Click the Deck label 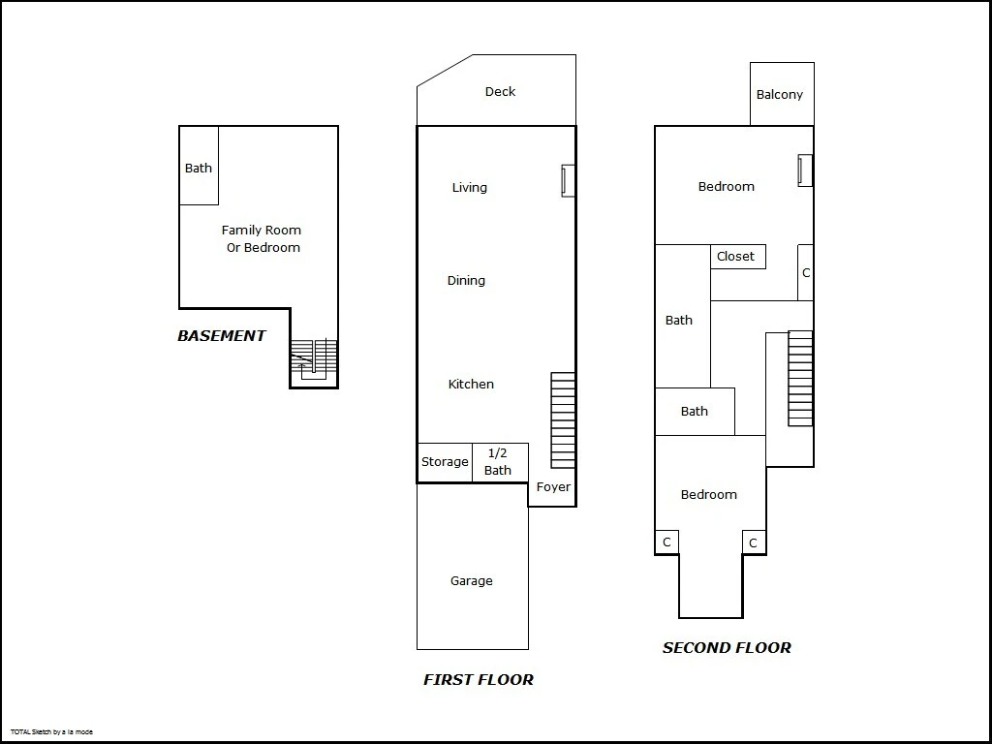(500, 92)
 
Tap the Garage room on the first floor (473, 566)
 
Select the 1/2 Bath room (501, 462)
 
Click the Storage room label (445, 462)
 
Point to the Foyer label (553, 486)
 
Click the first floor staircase (563, 420)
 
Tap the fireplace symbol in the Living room (568, 180)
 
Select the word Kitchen (471, 384)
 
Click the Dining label (466, 281)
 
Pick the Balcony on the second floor (782, 94)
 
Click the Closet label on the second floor (735, 256)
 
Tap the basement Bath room (199, 166)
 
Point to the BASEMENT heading (222, 336)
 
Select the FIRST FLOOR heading (479, 679)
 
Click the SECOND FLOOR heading (727, 648)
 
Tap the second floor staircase (800, 379)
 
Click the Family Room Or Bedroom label (262, 238)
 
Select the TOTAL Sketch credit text (51, 732)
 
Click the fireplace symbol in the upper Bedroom (805, 170)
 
